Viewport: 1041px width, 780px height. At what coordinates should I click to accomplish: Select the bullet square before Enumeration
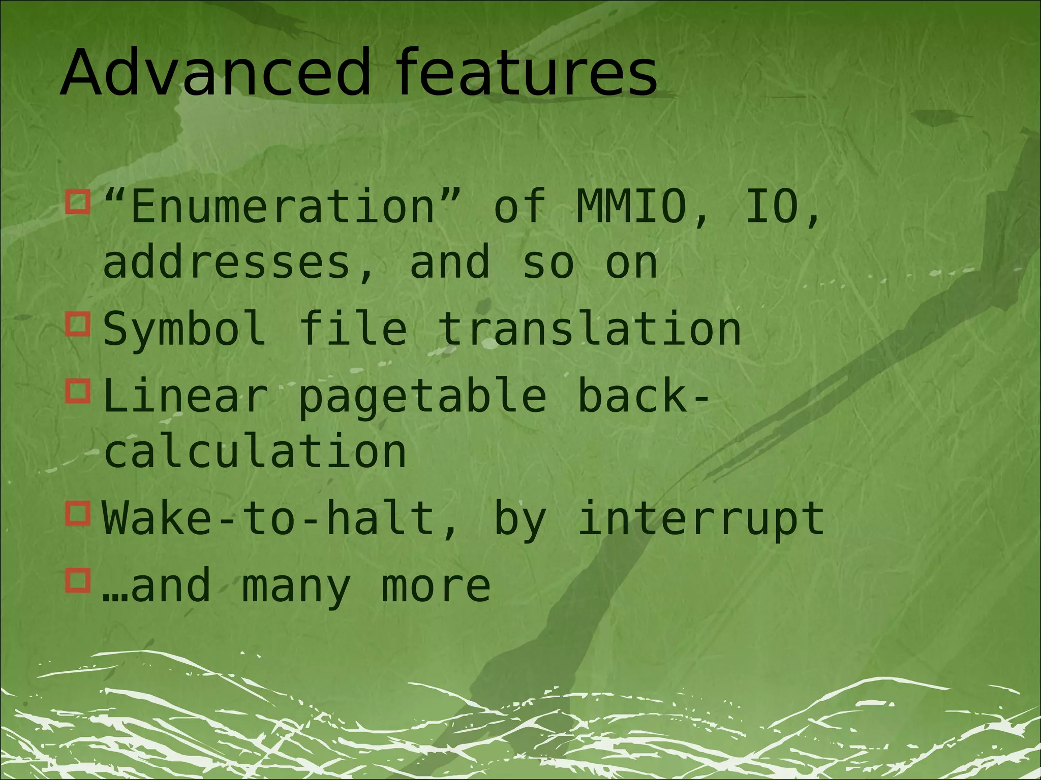(78, 202)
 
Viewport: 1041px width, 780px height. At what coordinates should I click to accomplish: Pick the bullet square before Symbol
(78, 324)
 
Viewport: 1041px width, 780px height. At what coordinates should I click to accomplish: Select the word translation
(590, 329)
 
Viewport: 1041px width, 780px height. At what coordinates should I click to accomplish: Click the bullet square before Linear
(78, 391)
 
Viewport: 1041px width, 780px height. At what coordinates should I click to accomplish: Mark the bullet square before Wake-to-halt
(78, 513)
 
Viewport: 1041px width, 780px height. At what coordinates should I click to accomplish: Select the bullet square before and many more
(78, 580)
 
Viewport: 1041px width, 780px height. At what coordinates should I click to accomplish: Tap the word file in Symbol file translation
(353, 329)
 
